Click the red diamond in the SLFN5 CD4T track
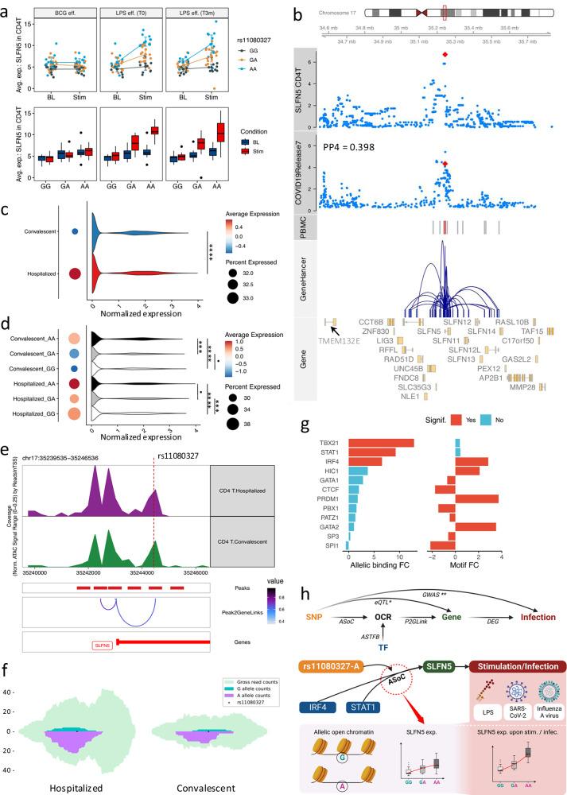tap(445, 55)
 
